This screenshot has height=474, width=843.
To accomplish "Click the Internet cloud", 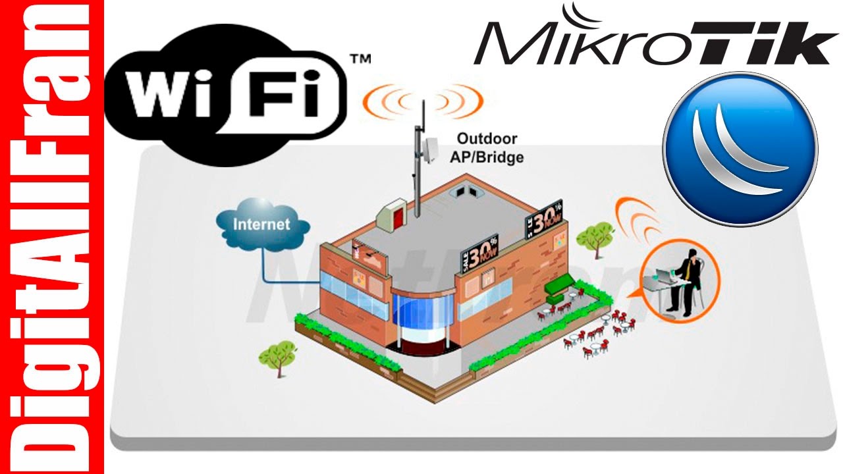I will [262, 224].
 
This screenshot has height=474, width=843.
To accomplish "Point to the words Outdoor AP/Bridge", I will [487, 147].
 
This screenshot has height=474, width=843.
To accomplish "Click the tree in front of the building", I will [277, 354].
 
